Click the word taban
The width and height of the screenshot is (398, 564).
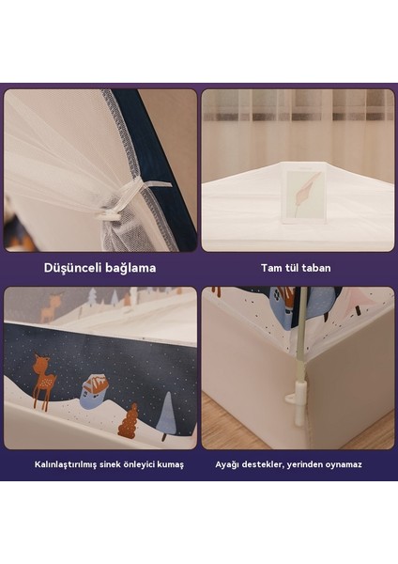317,268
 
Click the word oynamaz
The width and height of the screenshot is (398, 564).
342,464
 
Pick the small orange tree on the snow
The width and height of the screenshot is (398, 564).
128,420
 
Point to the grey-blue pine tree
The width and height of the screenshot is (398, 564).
166,415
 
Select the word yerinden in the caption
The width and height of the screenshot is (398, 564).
308,464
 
